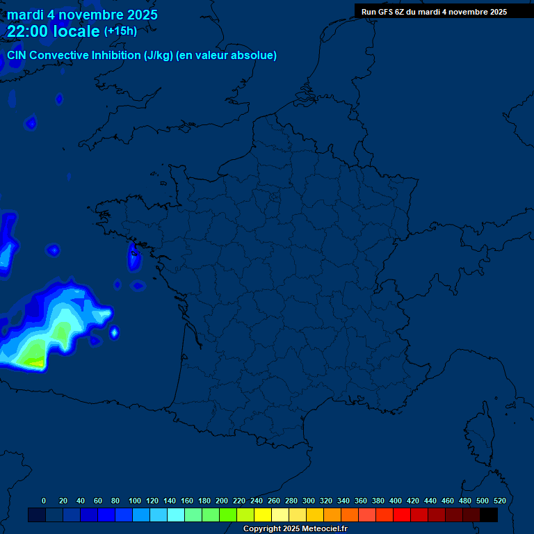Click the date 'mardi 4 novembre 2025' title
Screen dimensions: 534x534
click(x=82, y=15)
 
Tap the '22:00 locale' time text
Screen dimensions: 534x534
click(x=54, y=31)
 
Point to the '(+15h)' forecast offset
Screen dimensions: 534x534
click(x=120, y=31)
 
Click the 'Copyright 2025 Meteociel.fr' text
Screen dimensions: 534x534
click(x=295, y=529)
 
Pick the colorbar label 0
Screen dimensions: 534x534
click(x=44, y=501)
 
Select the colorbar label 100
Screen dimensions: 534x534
click(x=135, y=501)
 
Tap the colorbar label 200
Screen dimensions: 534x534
click(x=222, y=501)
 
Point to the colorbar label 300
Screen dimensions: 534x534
click(x=309, y=501)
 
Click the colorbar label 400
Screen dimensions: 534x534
click(x=396, y=501)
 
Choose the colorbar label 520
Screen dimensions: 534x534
click(x=499, y=501)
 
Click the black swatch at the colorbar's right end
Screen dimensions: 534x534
click(x=489, y=515)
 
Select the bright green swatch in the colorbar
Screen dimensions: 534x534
click(x=228, y=515)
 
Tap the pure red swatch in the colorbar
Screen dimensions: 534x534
click(x=402, y=515)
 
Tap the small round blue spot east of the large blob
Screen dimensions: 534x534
click(x=114, y=333)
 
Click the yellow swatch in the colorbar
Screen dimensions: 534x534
click(x=263, y=515)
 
